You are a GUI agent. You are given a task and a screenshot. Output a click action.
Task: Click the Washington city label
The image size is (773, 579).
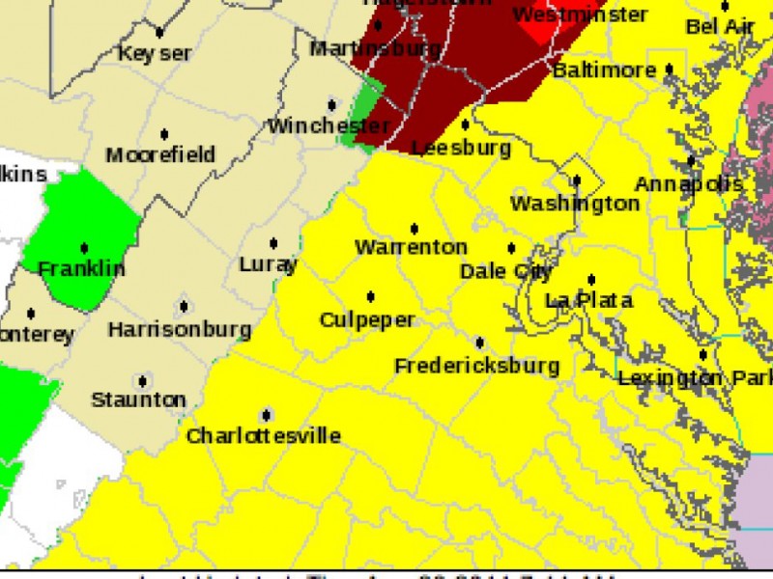coord(574,204)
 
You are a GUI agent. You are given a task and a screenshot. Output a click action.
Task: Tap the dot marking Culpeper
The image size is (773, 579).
coord(370,296)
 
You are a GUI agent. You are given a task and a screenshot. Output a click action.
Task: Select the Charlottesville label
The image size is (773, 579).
coord(263,436)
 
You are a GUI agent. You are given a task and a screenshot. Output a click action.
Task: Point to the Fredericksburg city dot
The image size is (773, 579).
coord(479,343)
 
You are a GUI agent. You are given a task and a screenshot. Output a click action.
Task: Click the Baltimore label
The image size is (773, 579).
coord(604,71)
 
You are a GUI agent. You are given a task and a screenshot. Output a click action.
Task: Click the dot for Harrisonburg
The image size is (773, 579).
coord(184,307)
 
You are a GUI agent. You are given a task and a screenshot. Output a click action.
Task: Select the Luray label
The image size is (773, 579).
coord(269,264)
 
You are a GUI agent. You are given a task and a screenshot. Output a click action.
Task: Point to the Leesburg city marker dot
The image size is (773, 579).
coord(465,124)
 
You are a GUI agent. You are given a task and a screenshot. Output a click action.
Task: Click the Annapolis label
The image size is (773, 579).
coord(688,183)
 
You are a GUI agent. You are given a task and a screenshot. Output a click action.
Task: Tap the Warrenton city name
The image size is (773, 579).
coord(411,248)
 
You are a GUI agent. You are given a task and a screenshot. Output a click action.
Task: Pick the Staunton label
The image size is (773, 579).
coord(138,400)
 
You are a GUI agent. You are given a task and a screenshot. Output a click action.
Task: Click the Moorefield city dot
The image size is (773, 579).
coord(164,134)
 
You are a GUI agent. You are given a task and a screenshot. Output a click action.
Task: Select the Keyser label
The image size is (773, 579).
coord(155,54)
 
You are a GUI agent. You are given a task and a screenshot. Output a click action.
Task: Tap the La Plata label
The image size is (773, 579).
coord(588,301)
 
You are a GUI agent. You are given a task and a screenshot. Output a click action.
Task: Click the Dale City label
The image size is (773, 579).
coord(505,272)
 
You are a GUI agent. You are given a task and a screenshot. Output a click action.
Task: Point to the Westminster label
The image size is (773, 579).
coord(580,15)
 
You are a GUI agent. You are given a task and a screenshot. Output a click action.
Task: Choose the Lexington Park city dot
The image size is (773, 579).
coord(702,355)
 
